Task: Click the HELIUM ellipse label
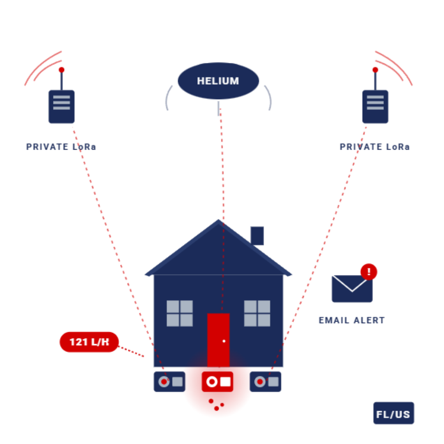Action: (218, 81)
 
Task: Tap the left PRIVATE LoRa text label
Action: (61, 147)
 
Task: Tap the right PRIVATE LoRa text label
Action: (375, 147)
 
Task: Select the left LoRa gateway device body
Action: (61, 107)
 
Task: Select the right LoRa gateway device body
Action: (375, 107)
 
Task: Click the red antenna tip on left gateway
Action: (61, 70)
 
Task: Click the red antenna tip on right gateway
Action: (375, 70)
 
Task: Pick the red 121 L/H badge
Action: (89, 342)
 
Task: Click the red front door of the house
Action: (218, 340)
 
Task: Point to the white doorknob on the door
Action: (224, 341)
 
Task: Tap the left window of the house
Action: (180, 313)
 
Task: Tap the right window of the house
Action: (257, 313)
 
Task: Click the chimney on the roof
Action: (257, 236)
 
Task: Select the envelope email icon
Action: (352, 289)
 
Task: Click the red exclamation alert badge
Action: (369, 272)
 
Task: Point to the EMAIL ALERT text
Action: (352, 320)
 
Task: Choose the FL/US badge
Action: (393, 413)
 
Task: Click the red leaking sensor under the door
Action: (217, 382)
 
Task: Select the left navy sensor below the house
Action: (169, 382)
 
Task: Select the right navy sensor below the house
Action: (265, 382)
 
